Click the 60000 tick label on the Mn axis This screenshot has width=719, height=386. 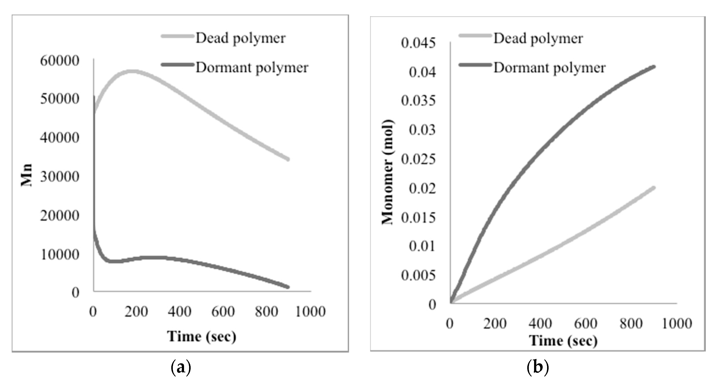pos(59,61)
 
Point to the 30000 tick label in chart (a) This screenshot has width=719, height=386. pos(59,177)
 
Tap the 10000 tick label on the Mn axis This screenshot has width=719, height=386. pos(59,254)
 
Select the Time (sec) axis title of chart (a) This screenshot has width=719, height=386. pos(201,336)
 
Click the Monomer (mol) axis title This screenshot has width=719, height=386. pos(388,172)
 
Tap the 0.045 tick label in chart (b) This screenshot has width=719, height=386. pos(418,43)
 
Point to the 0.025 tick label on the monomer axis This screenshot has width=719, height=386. pos(418,159)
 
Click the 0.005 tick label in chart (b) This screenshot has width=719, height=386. pos(418,275)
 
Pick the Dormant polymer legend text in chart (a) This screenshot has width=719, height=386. pos(252,68)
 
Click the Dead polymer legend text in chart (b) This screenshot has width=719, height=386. pos(538,38)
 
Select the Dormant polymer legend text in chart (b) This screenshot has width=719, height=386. pos(549,68)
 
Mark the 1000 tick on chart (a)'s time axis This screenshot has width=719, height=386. pos(310,312)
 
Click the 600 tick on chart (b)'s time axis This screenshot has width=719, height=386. pos(586,324)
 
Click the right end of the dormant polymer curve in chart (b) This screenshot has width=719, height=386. pos(654,66)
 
